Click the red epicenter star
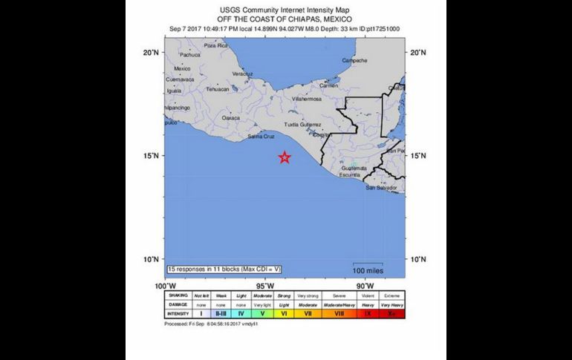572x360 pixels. (x=285, y=157)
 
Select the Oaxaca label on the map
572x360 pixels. (x=231, y=117)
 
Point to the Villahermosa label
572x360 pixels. (x=307, y=98)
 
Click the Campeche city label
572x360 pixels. (x=354, y=61)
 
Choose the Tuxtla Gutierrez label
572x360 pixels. (x=302, y=124)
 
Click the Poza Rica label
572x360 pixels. (x=215, y=45)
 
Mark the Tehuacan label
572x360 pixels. (x=218, y=89)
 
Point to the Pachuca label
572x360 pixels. (x=190, y=54)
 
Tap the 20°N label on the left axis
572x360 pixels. (x=152, y=53)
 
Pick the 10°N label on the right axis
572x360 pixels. (x=417, y=259)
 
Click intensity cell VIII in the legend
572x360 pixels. (x=338, y=314)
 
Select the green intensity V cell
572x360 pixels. (x=262, y=314)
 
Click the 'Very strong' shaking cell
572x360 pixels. (x=308, y=295)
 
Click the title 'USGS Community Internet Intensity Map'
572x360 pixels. (x=285, y=10)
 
